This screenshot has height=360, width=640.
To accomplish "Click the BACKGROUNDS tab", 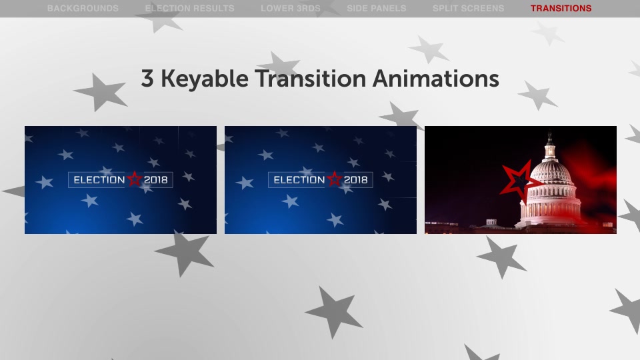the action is pos(83,8).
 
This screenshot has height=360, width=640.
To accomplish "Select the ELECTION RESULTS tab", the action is pos(190,8).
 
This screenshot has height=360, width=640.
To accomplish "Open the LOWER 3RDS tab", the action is pos(291,8).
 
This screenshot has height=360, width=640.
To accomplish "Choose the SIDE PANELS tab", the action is pos(377,8).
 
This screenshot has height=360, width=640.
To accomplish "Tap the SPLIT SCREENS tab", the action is pos(469,8).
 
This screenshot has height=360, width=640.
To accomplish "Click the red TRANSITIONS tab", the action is pos(561,8).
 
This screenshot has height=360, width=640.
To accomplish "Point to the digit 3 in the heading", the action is pos(147,79).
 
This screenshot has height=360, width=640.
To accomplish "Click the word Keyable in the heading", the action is pos(205,79).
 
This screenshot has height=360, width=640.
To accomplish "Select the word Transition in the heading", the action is pos(311,78).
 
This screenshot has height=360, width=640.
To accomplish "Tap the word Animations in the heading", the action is pos(436,78).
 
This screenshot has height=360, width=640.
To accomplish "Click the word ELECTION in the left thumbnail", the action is pos(99,180).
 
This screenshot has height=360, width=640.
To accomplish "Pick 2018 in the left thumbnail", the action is pos(156,180).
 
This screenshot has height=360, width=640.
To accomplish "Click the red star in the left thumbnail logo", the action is pos(134,179).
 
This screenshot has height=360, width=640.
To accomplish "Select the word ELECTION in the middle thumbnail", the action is pos(299,180).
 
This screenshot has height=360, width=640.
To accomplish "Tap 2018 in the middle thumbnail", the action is pos(356,180).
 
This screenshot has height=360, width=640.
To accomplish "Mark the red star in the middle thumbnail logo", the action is pos(334,179).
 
